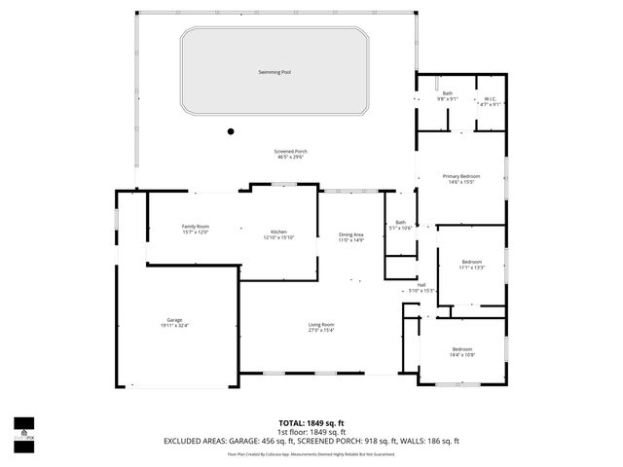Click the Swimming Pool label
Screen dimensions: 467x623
(275, 72)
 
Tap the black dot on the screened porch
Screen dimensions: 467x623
(231, 130)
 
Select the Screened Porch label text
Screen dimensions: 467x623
(292, 152)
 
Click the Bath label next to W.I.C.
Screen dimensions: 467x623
(447, 93)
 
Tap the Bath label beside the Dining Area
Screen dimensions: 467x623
(400, 222)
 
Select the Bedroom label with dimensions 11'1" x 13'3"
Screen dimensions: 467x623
(472, 263)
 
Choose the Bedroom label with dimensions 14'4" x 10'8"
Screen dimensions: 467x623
(461, 349)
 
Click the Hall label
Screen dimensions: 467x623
(422, 285)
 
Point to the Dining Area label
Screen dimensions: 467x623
(350, 234)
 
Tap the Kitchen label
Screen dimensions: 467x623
(278, 232)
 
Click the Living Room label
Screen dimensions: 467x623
(321, 325)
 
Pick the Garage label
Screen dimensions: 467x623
(174, 320)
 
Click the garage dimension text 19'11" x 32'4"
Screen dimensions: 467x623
(174, 326)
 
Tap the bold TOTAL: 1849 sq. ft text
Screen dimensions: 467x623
(311, 423)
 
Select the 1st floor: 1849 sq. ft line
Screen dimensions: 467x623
(311, 432)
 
